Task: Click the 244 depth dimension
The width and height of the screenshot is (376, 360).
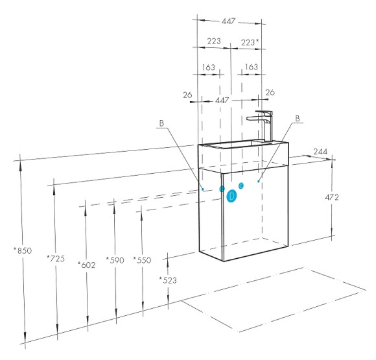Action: [x=320, y=152]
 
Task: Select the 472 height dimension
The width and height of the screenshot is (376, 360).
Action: [x=332, y=197]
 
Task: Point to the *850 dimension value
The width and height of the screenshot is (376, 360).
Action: [x=23, y=250]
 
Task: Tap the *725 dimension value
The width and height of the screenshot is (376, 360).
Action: [x=56, y=258]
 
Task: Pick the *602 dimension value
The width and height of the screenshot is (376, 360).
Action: [x=87, y=265]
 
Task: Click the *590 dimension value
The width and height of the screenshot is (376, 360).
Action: [x=115, y=260]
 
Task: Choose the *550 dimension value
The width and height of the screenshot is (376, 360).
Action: [x=142, y=260]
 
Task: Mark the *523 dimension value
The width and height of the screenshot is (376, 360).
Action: [x=168, y=280]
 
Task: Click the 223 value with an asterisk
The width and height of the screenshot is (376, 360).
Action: [x=250, y=42]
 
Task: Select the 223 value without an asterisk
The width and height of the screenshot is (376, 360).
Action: [x=214, y=41]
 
